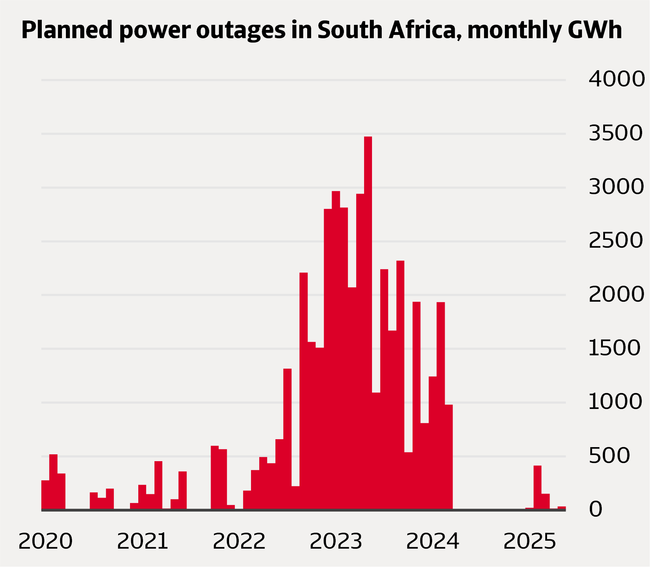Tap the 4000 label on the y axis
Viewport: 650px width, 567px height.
(617, 79)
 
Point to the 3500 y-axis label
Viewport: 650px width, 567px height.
(615, 133)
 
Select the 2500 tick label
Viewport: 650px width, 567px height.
(615, 240)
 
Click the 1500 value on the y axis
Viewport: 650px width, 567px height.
(614, 348)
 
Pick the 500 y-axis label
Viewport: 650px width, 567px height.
(609, 456)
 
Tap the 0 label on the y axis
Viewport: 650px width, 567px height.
(596, 509)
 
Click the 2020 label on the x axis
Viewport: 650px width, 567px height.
(45, 541)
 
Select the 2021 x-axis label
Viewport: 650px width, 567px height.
(143, 541)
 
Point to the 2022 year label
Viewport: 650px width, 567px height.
(239, 541)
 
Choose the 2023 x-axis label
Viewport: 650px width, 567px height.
(336, 541)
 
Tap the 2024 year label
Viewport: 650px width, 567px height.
(432, 541)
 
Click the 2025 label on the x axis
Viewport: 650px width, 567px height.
(529, 541)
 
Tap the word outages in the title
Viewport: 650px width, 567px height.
(241, 30)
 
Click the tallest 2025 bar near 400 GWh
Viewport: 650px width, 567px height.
(537, 487)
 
